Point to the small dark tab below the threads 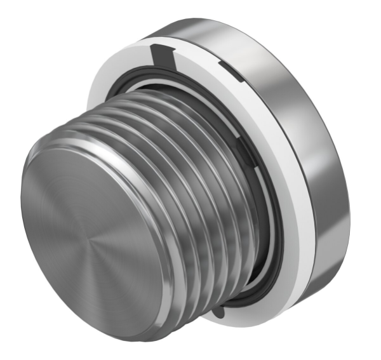point(218,312)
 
